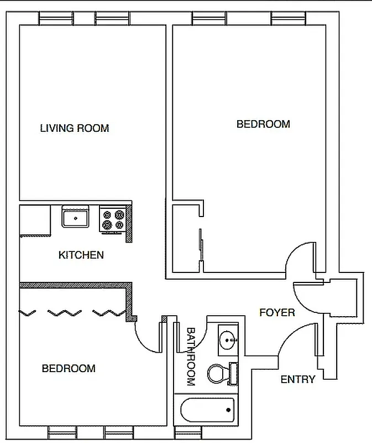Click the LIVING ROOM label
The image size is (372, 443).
coord(75,128)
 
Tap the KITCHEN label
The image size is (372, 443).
coord(81,255)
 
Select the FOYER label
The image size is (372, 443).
coord(277,313)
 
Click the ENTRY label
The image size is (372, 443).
coord(298,379)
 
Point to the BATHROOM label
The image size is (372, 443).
coord(190,357)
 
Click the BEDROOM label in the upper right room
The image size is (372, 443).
coord(263,124)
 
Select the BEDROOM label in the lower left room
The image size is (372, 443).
coord(69,368)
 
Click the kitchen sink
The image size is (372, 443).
coord(76,217)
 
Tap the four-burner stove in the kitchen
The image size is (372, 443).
coord(112,219)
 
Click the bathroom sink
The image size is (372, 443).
coord(228,339)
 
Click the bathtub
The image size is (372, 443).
coord(207,410)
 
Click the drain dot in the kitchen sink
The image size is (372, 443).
coord(76,219)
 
